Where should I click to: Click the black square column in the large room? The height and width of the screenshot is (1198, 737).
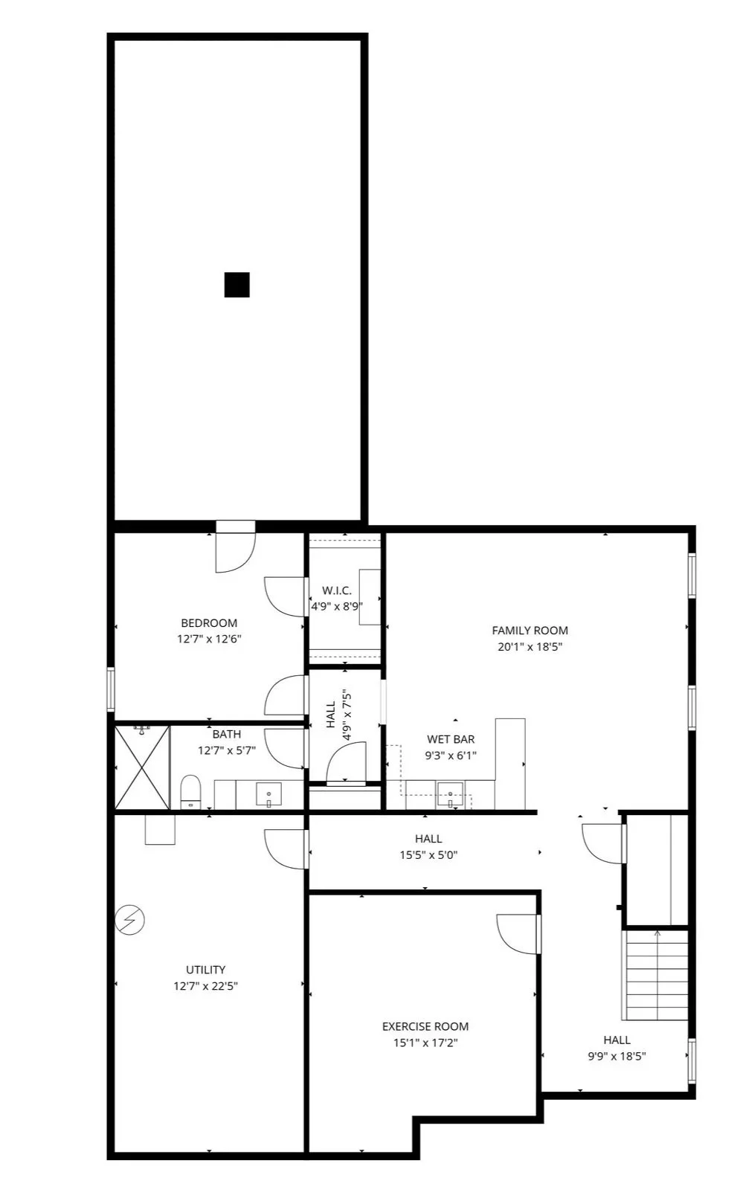point(236,285)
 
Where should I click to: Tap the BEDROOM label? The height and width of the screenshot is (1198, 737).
point(209,623)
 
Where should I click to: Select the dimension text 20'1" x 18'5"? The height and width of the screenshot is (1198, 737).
point(530,647)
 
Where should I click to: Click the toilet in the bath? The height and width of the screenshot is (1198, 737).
point(191,791)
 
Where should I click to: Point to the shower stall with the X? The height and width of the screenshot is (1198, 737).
point(142,767)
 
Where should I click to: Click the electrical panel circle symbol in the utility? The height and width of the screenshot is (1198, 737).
point(129,921)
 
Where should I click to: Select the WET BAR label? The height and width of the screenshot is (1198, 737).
point(451,739)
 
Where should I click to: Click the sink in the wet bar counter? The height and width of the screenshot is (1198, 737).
point(450,794)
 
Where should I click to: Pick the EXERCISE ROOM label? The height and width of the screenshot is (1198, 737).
point(425,1026)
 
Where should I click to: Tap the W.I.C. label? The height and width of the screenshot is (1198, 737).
point(337,590)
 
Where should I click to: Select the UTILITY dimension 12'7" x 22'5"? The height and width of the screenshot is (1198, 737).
point(205,986)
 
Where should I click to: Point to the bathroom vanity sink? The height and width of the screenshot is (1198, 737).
point(268,794)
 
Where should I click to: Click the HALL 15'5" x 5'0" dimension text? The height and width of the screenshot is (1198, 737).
point(428,855)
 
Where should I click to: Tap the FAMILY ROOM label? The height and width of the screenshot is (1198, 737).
point(530,631)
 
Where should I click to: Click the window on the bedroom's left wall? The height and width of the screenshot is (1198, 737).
point(111,689)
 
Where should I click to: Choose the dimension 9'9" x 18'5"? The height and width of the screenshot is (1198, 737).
point(617,1056)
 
